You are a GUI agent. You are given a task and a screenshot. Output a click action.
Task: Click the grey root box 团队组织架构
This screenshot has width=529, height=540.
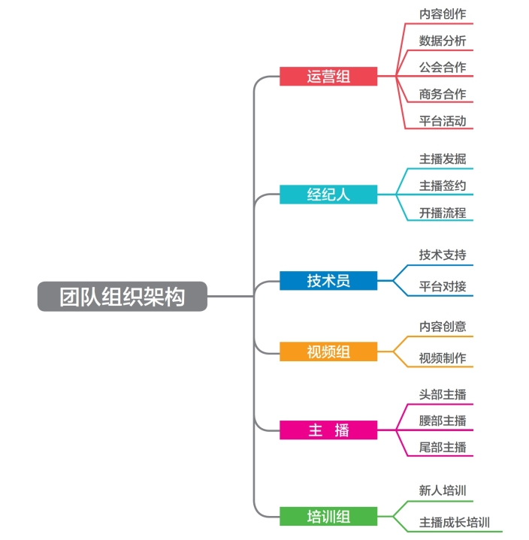pos(122,297)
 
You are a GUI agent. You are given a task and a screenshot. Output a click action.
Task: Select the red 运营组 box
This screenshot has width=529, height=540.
pos(328,76)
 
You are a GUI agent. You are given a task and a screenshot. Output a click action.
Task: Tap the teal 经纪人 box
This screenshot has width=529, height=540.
pos(328,195)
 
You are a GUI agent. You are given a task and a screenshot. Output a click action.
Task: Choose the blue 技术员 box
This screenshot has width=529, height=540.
pos(328,281)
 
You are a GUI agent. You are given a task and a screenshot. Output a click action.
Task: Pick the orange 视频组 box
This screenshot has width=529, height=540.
pos(328,351)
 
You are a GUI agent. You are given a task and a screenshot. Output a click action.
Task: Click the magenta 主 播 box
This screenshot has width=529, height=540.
pos(328,430)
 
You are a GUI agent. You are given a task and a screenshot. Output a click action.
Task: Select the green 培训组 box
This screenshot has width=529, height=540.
pos(328,517)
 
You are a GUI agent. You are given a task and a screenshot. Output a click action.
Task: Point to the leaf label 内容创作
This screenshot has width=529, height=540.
pos(442,14)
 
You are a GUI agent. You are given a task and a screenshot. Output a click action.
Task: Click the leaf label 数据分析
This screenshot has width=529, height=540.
pos(442,41)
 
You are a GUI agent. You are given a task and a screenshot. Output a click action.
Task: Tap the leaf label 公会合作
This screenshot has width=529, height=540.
pos(442,68)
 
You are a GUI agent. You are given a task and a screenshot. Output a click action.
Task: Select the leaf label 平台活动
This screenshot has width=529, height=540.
pos(442,121)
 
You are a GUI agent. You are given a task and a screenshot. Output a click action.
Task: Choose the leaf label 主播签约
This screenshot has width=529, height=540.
pos(442,186)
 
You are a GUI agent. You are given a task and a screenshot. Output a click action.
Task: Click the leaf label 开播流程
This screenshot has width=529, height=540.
pos(442,213)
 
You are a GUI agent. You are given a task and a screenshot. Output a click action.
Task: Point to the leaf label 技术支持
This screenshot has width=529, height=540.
pos(442,255)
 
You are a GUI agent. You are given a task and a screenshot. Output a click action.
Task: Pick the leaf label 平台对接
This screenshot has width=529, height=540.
pos(442,286)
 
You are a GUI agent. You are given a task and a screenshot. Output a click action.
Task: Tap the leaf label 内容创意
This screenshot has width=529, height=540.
pos(442,327)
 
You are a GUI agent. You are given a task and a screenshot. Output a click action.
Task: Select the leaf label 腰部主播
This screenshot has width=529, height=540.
pos(442,421)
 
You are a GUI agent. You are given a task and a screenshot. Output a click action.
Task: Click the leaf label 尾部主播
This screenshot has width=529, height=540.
pos(442,448)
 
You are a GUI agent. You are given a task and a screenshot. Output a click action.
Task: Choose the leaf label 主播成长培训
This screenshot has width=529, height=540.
pos(454,522)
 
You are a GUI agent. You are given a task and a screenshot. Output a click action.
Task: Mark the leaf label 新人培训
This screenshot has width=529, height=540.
pos(442,490)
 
